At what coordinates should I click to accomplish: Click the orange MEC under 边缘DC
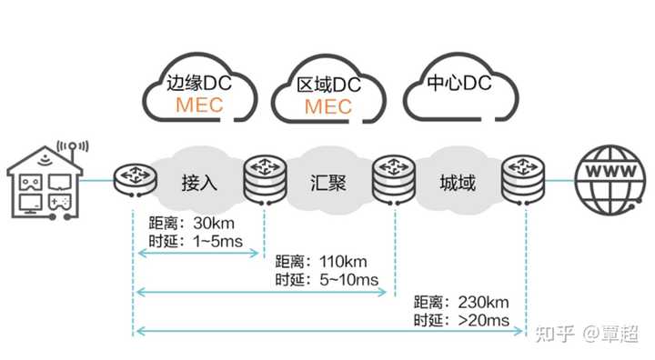click(199, 106)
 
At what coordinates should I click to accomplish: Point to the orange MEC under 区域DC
click(328, 106)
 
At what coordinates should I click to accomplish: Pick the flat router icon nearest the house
click(133, 176)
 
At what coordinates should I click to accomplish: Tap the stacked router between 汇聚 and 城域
click(394, 177)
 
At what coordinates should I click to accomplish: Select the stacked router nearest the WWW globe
click(526, 177)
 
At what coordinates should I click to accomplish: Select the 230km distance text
click(483, 302)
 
